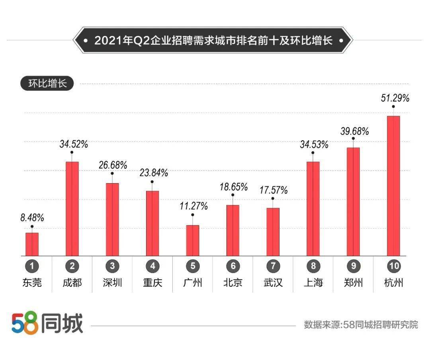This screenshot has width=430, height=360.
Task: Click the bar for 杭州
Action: point(393,186)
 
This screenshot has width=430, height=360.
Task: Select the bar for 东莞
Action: point(32,244)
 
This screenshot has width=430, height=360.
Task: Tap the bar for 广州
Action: point(193,240)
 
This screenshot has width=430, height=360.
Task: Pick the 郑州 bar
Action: point(353,202)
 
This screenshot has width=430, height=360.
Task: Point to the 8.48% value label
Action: point(32,218)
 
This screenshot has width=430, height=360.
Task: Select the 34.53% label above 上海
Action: point(314,144)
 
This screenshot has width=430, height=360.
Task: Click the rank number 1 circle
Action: point(32,266)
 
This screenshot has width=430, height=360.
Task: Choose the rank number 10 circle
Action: point(393,266)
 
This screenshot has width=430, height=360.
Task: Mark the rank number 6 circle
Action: point(233,266)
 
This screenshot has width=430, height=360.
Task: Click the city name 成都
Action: point(72,283)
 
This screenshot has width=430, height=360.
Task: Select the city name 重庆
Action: point(152,283)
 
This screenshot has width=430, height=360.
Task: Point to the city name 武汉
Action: point(273,283)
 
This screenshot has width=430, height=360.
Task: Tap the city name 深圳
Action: point(112,283)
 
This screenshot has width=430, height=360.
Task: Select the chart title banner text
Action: point(213,41)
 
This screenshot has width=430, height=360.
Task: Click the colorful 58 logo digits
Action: point(25,323)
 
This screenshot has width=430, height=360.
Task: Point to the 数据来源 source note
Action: point(361,325)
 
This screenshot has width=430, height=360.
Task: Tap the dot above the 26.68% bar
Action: point(112,173)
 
